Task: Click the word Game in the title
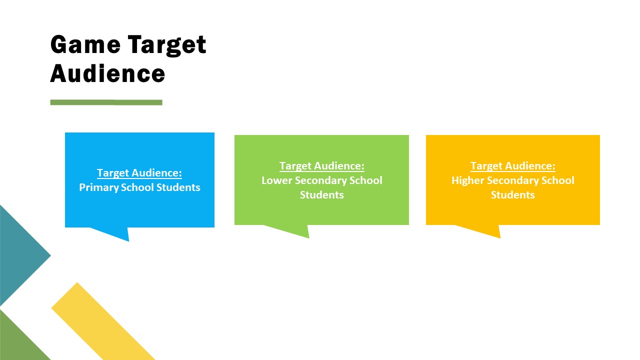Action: [x=85, y=44]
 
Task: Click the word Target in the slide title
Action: [x=167, y=45]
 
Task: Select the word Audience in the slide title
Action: [x=107, y=73]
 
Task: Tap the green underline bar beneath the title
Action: [x=106, y=102]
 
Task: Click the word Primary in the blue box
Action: [x=98, y=187]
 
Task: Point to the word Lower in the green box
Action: [x=277, y=180]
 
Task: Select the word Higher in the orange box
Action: [x=467, y=180]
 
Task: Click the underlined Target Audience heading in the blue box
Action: [x=139, y=173]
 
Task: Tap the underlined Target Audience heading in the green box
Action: [x=322, y=166]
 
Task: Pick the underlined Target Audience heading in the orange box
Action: [x=513, y=166]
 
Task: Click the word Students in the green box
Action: [x=321, y=195]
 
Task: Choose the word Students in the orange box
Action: [x=513, y=195]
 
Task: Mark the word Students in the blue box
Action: [x=178, y=187]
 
